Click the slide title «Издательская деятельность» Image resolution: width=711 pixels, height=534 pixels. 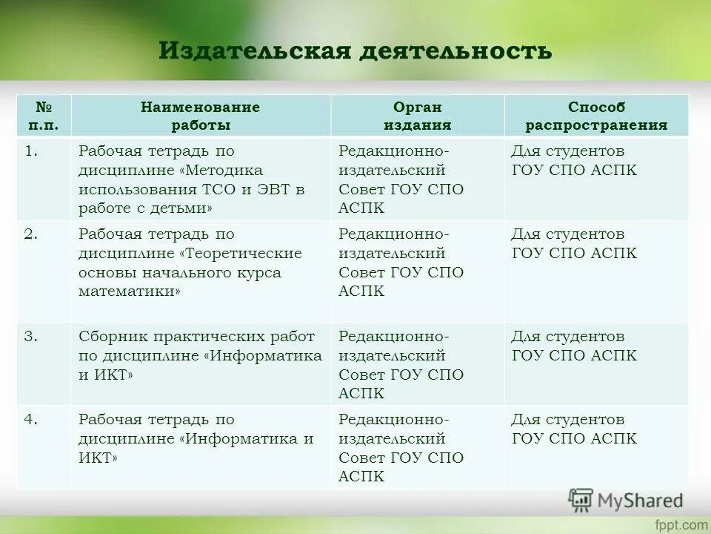[x=355, y=50]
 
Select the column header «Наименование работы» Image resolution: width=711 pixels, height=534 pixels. [x=201, y=116]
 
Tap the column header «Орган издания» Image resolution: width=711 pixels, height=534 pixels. [x=417, y=116]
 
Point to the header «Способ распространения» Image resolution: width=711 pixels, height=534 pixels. [x=596, y=116]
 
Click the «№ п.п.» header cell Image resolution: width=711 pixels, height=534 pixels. [x=44, y=116]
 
